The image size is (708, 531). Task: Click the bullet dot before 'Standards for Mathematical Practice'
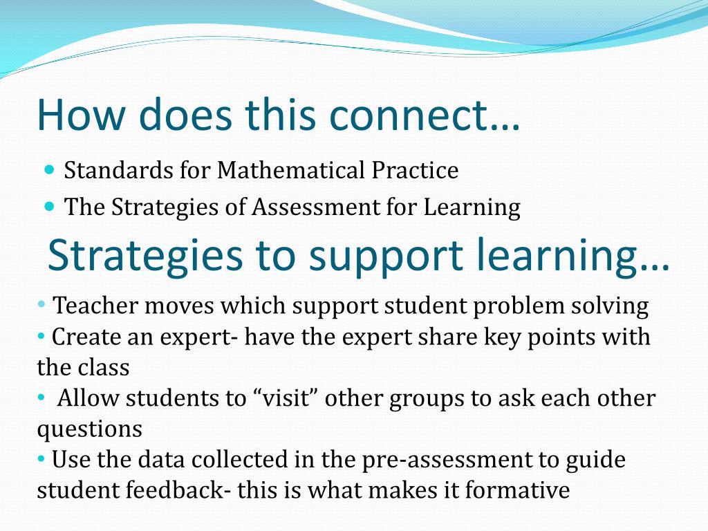tap(49, 169)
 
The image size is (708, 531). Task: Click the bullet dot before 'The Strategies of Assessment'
tap(49, 206)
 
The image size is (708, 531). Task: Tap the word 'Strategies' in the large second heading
tap(145, 256)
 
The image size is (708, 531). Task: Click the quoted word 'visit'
tap(287, 398)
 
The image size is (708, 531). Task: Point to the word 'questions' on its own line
tap(89, 429)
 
